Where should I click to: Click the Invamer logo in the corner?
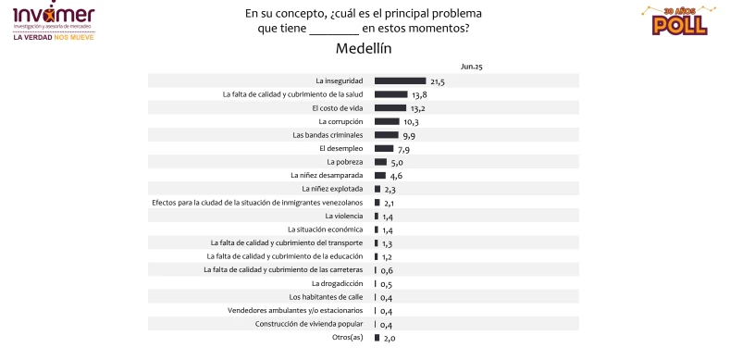pyautogui.click(x=54, y=19)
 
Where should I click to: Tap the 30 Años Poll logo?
pyautogui.click(x=673, y=20)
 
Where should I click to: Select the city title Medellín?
pyautogui.click(x=364, y=48)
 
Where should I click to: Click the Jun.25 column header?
pyautogui.click(x=472, y=67)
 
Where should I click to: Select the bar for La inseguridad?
pyautogui.click(x=400, y=81)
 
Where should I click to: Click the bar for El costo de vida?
pyautogui.click(x=390, y=107)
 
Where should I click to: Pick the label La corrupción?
pyautogui.click(x=342, y=121)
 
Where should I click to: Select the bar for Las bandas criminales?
pyautogui.click(x=387, y=134)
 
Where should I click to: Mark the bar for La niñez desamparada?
pyautogui.click(x=380, y=175)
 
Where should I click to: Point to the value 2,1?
pyautogui.click(x=389, y=202)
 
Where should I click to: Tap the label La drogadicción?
pyautogui.click(x=340, y=283)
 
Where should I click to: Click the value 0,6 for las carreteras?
pyautogui.click(x=387, y=269)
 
